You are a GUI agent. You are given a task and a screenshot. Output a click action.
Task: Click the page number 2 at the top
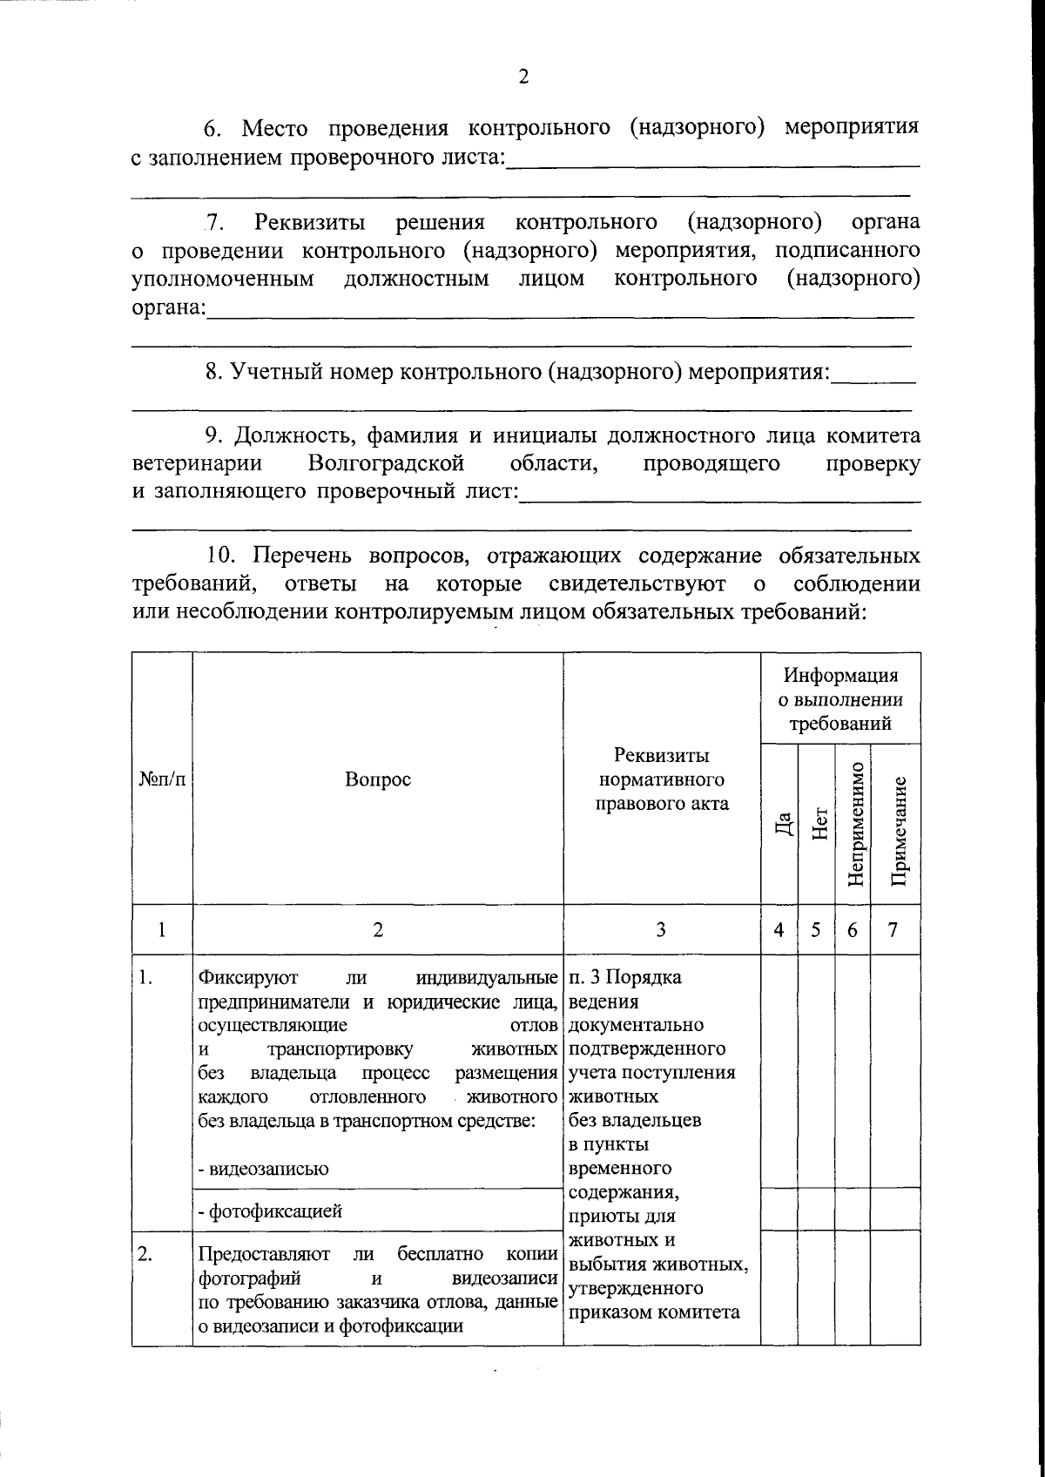point(522,77)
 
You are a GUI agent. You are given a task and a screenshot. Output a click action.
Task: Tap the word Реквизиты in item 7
point(309,222)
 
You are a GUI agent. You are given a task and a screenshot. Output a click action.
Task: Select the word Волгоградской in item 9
point(386,462)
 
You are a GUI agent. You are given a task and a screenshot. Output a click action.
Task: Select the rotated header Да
point(782,824)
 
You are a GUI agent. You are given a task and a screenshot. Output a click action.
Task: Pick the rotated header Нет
point(818,824)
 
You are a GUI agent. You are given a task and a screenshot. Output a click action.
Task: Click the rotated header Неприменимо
point(853,824)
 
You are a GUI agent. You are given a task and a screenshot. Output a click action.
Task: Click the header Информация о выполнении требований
point(840,699)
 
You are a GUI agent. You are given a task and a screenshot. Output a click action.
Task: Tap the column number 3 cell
point(662,930)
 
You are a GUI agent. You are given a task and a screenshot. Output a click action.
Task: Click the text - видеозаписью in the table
point(264,1169)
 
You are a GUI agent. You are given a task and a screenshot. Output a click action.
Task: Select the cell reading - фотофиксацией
point(270,1211)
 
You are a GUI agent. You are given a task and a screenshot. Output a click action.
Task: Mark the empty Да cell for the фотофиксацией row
point(779,1209)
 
